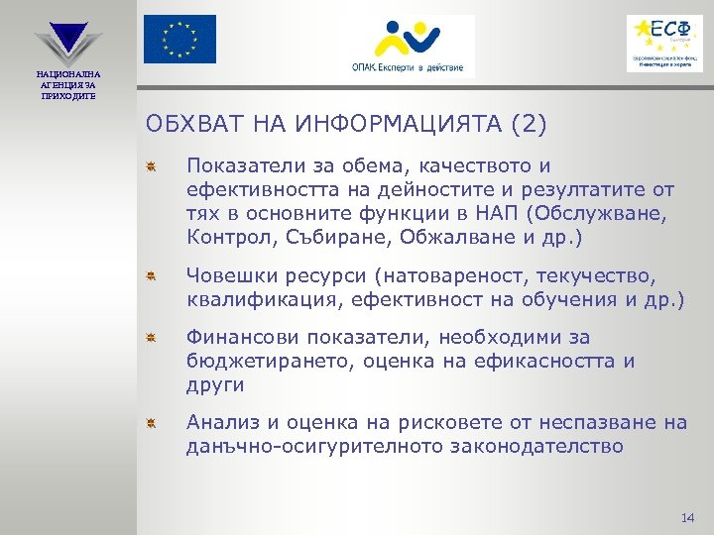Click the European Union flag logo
click(x=178, y=39)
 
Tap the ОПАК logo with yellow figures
click(x=406, y=46)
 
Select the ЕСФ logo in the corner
click(x=663, y=43)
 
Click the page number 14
click(x=689, y=518)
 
